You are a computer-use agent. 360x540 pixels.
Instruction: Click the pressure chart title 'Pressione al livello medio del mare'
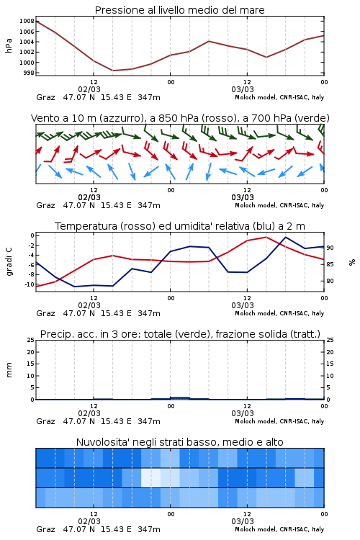click(179, 10)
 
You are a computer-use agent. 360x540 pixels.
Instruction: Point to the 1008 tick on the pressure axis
click(27, 21)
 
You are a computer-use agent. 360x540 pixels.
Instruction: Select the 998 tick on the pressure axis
click(29, 73)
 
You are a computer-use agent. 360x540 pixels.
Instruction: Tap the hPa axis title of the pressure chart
click(9, 45)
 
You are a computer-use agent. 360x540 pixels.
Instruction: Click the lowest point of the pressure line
click(113, 71)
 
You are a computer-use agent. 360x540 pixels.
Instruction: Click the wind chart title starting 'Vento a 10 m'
click(180, 118)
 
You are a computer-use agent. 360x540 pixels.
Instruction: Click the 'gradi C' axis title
click(9, 262)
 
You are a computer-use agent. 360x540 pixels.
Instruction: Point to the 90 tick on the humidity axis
click(330, 248)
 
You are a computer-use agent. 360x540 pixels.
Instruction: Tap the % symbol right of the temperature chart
click(352, 262)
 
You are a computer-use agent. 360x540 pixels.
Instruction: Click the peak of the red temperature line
click(266, 237)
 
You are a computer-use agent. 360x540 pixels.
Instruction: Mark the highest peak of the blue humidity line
click(285, 237)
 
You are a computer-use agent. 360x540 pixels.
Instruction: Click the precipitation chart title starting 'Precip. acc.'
click(180, 334)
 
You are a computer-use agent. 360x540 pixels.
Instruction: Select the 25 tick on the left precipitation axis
click(31, 340)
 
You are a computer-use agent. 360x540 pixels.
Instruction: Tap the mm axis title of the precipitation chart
click(9, 370)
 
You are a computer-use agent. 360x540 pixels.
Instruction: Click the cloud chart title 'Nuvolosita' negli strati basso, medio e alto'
click(179, 442)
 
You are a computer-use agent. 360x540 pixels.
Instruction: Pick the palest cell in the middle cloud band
click(151, 477)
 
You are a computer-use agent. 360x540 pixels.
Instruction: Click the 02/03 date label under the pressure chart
click(89, 89)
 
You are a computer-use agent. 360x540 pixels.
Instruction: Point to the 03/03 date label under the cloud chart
click(243, 521)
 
